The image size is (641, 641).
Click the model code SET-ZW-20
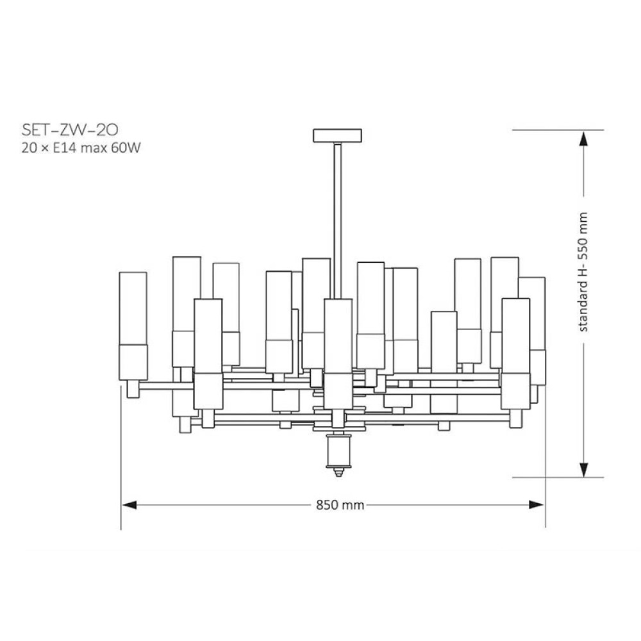coord(70,130)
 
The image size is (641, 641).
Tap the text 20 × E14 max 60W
coord(81,147)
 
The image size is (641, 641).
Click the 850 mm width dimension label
coord(340,505)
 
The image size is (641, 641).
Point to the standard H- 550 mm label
coord(583,272)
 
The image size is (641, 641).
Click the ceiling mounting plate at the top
coord(338,136)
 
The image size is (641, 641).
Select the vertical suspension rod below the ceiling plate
coord(338,221)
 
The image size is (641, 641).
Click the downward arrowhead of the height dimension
coord(584,469)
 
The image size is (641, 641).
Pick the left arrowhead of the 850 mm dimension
coord(129,505)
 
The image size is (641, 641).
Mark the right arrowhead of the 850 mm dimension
coord(537,505)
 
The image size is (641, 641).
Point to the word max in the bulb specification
coord(93,147)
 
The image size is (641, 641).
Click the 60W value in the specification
coord(126,147)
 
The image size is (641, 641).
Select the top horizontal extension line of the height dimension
coord(558,130)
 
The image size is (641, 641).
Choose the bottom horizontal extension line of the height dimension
coord(558,477)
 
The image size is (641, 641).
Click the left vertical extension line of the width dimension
coord(121,458)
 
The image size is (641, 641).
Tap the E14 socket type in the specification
coord(65,147)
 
